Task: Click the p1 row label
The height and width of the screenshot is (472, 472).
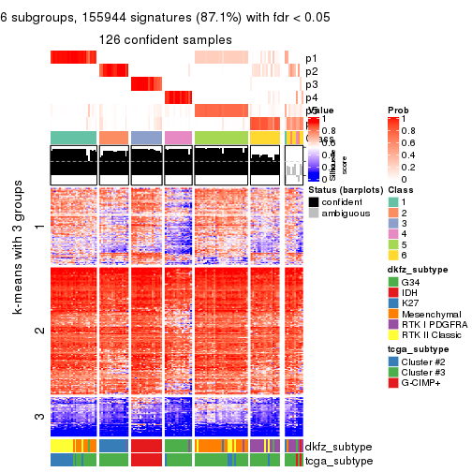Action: [312, 58]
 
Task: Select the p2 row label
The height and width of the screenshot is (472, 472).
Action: [312, 71]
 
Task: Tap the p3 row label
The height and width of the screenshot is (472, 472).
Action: [312, 84]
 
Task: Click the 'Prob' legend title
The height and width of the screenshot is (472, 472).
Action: [398, 111]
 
